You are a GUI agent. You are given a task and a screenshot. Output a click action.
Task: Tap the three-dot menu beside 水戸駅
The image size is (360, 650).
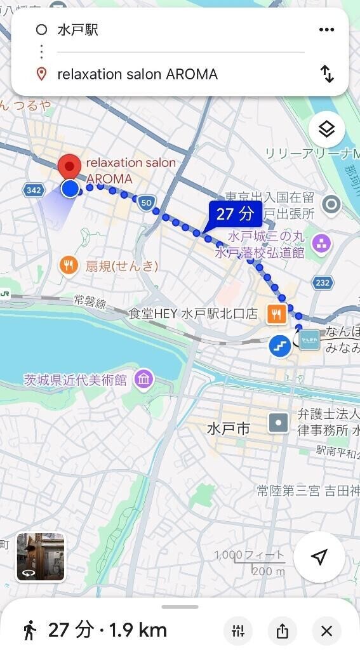[x=326, y=30]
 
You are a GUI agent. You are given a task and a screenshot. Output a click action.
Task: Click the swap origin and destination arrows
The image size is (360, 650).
[x=327, y=74]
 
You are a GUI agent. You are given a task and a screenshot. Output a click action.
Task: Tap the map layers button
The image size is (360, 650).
[x=326, y=129]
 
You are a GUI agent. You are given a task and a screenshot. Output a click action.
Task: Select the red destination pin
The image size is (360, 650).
[x=69, y=167]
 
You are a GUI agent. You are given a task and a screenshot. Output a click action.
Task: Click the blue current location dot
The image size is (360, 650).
[x=70, y=188]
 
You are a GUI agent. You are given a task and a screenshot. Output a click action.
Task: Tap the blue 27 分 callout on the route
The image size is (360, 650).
[x=234, y=214]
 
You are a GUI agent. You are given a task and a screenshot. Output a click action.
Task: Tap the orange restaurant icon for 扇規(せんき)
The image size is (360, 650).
[x=69, y=265]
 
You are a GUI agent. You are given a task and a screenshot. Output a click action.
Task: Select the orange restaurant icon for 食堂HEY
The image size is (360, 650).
[x=276, y=313]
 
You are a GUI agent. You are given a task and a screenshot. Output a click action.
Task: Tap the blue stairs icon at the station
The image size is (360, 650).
[x=280, y=345]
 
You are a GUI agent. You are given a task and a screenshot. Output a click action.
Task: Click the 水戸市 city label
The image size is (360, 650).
[x=228, y=428]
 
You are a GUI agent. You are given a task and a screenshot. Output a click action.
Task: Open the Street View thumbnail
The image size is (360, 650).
[x=41, y=557]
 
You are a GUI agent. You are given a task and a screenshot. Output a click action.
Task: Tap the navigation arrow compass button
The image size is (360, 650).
[x=319, y=557]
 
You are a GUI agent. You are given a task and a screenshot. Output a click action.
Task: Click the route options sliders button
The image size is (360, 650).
[x=238, y=631]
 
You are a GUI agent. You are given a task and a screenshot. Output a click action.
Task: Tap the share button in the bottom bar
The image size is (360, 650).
[x=283, y=631]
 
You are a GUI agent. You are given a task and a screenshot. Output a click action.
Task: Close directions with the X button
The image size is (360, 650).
[x=326, y=631]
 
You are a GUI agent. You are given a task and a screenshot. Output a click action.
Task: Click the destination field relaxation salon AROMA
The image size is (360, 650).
[x=137, y=74]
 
